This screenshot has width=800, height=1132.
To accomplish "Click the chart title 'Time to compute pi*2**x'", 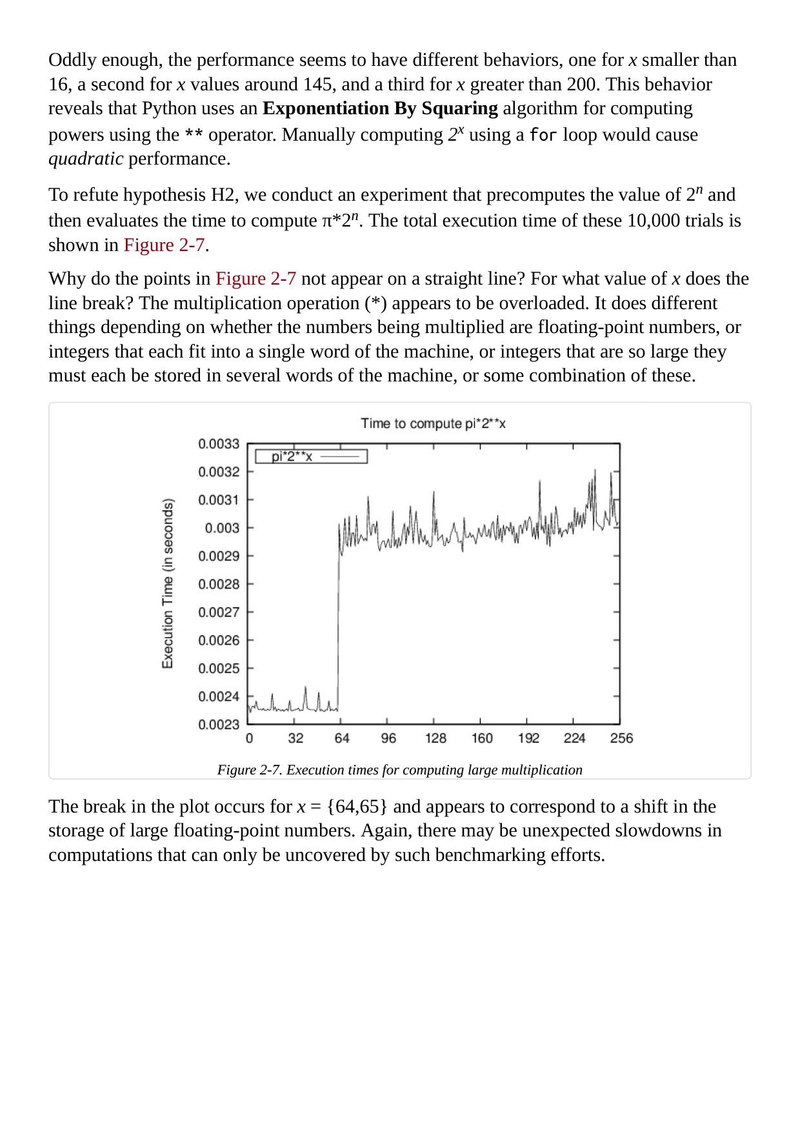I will [433, 423].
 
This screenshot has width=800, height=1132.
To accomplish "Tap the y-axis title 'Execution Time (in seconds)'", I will [168, 583].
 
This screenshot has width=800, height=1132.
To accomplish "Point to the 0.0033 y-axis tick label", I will [219, 444].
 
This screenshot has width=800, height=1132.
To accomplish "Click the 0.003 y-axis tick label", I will [222, 528].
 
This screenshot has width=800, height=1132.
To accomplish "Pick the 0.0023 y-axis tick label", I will [219, 725].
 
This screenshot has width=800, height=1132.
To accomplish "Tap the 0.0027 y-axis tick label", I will [219, 612].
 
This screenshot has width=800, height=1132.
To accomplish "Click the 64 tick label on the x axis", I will [342, 738].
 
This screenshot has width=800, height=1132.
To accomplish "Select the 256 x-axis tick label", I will [621, 738].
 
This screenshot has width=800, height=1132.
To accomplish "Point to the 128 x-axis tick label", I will [435, 738].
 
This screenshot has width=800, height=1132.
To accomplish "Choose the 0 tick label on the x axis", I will [250, 738].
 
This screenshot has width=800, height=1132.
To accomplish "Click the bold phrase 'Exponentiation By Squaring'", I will [380, 108].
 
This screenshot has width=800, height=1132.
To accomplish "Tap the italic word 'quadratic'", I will [86, 159].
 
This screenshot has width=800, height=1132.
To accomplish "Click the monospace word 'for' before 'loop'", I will [543, 135].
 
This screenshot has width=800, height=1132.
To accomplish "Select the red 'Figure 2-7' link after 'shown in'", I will [164, 245].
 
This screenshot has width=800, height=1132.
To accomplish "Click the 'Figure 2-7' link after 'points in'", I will [255, 279].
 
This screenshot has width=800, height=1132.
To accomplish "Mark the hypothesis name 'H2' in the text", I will [225, 195].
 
